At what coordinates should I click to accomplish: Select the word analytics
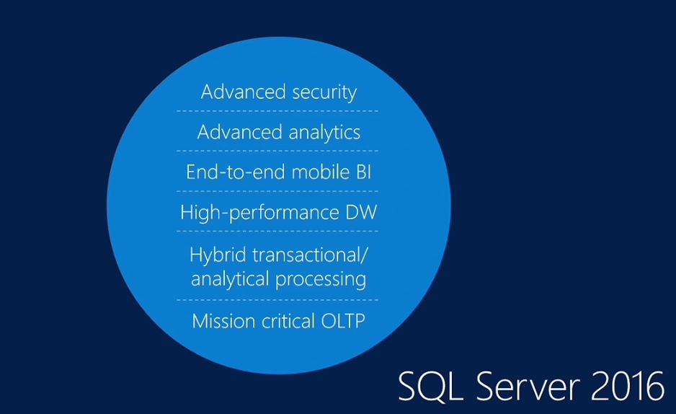324,133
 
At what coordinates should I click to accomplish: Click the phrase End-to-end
236,172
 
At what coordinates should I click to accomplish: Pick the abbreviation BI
363,172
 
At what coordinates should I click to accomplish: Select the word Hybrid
218,255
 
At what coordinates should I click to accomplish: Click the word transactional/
310,255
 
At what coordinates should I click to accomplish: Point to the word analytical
231,279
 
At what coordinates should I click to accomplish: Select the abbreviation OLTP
344,321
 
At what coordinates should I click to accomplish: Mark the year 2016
628,386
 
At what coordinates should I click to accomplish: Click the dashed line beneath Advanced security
277,111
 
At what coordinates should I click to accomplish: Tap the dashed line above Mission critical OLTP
277,300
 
